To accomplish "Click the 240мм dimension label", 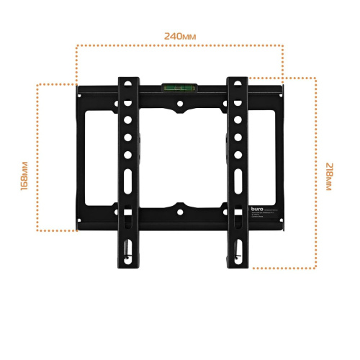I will pos(179,35).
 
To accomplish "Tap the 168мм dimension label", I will pos(24,176).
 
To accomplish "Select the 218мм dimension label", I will pos(329,176).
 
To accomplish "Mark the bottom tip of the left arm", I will pos(127,260).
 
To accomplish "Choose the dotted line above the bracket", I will pos(179,46).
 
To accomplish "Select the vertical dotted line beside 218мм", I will pos(315,173).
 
